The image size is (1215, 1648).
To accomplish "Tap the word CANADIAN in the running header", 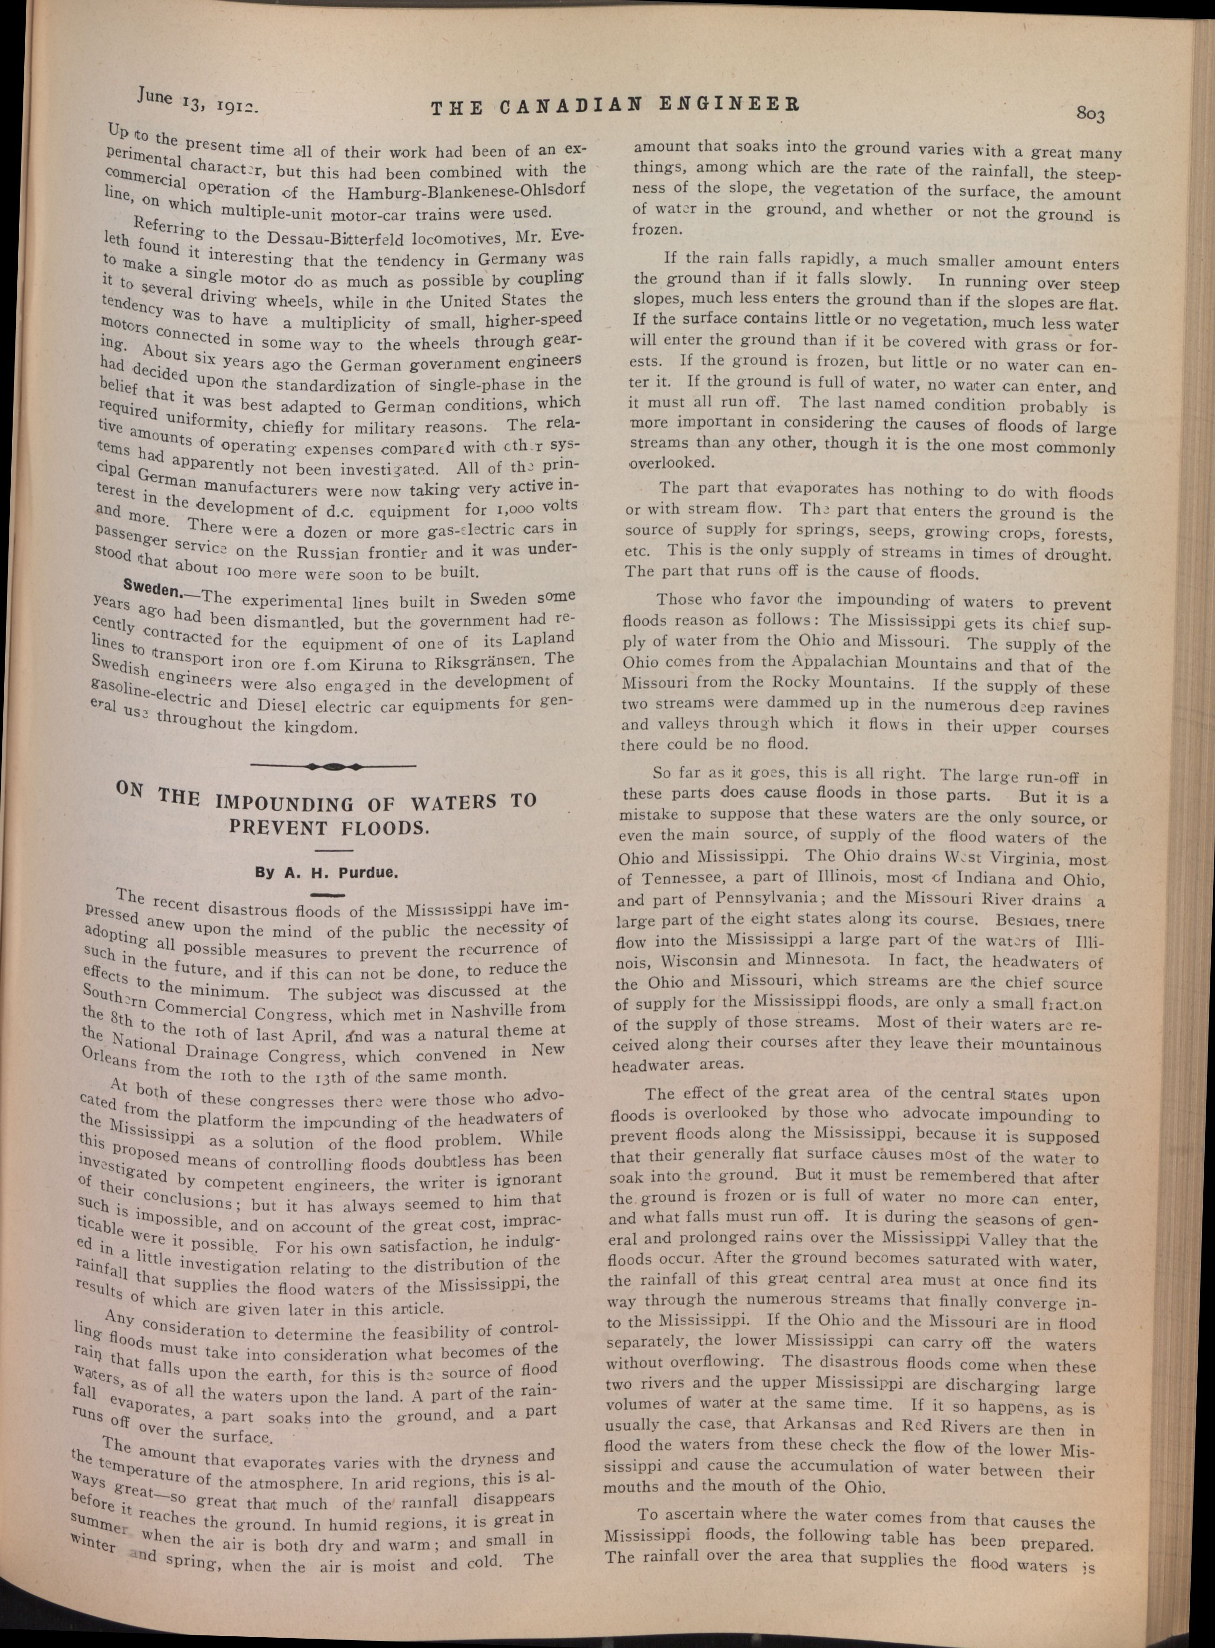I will point(573,105).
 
